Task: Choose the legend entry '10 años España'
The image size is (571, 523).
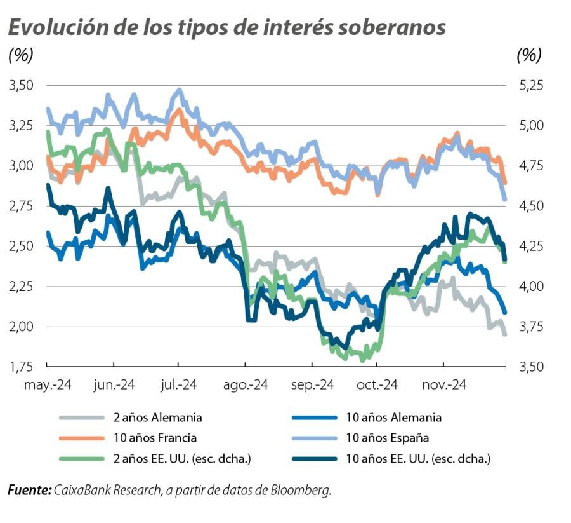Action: (x=388, y=438)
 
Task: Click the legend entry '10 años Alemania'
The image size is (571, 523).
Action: (x=393, y=418)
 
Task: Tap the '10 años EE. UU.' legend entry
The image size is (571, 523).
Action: (x=419, y=458)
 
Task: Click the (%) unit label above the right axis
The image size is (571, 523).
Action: (x=529, y=55)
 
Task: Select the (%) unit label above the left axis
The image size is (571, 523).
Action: (x=20, y=55)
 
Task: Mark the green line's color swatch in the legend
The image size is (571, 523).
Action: (x=81, y=458)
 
